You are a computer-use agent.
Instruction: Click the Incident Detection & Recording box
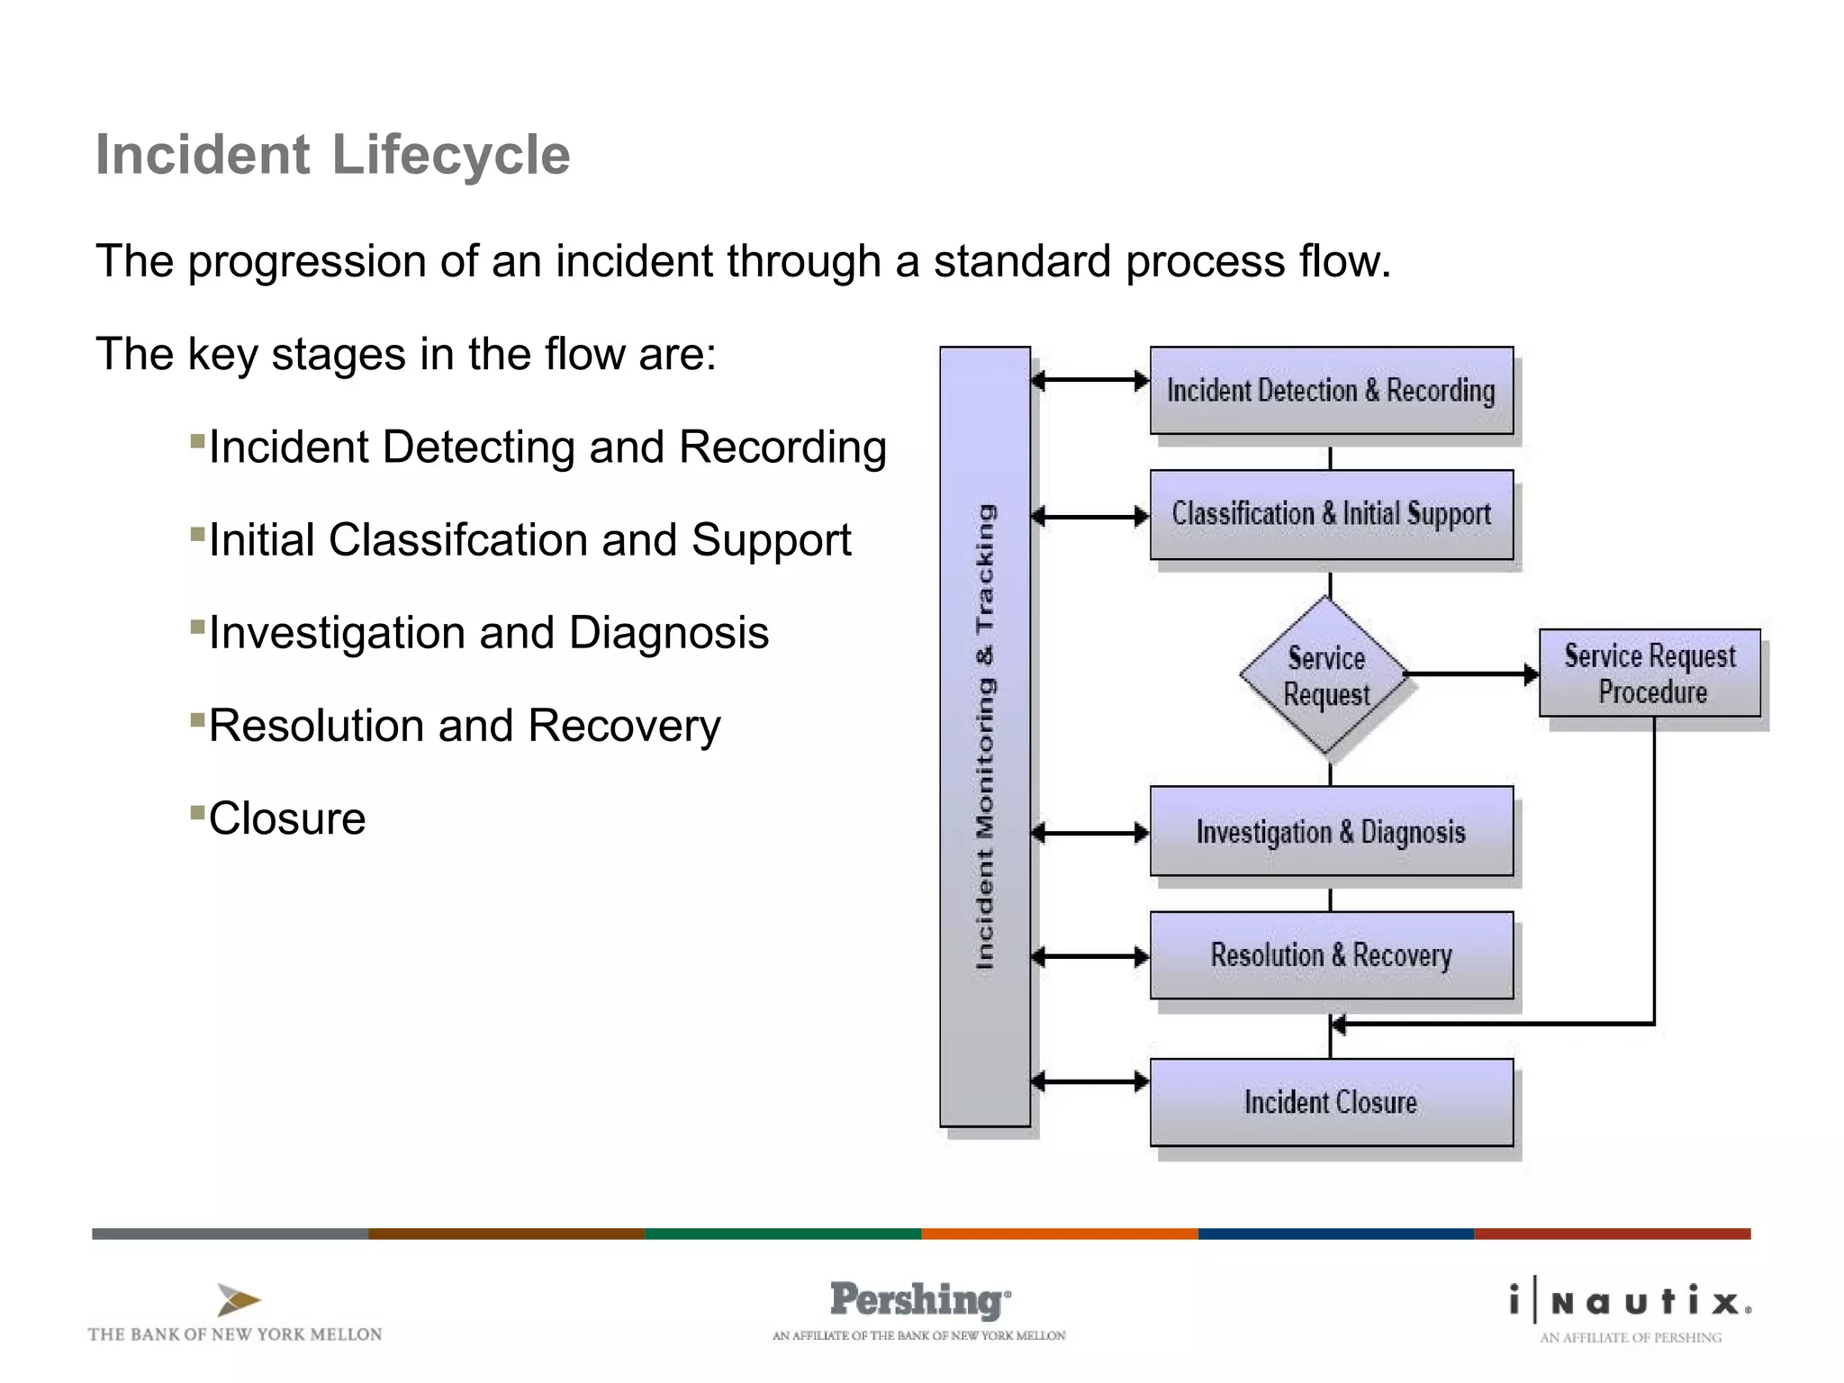pos(1331,391)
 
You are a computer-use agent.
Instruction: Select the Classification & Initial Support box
pos(1331,514)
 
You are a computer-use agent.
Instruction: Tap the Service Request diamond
pos(1326,675)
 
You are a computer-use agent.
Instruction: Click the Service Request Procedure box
pos(1650,673)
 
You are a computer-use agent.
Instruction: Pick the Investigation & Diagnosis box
pos(1331,831)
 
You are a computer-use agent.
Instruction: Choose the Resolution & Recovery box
pos(1331,955)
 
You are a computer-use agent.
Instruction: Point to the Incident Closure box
pos(1331,1102)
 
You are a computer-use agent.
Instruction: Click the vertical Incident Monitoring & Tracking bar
pos(985,737)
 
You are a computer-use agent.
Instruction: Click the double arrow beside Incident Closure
pos(1089,1081)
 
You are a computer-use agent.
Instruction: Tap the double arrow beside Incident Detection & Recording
pos(1089,380)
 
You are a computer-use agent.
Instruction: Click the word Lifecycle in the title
pos(450,155)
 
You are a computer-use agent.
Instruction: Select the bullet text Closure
pos(287,818)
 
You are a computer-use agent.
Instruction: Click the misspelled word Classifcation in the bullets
pos(457,540)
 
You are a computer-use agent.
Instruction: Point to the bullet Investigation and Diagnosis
pos(488,633)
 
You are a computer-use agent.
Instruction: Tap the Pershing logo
pos(918,1301)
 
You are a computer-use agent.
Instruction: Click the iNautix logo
pos(1631,1303)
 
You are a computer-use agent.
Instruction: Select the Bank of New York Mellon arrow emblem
pos(238,1300)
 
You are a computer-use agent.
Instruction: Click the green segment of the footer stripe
pos(782,1234)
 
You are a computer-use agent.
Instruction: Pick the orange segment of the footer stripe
pos(1059,1234)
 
